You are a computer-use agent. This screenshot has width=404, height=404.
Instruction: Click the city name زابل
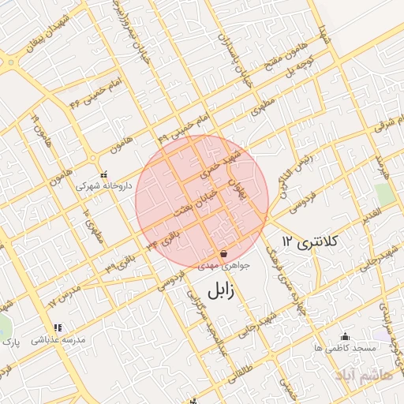coord(220,290)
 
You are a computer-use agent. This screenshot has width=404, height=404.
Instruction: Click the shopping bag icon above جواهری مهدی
coord(225,254)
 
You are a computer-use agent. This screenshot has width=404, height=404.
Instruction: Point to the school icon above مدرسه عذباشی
coord(57,327)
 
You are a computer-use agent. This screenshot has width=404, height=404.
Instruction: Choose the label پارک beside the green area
coord(9,342)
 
